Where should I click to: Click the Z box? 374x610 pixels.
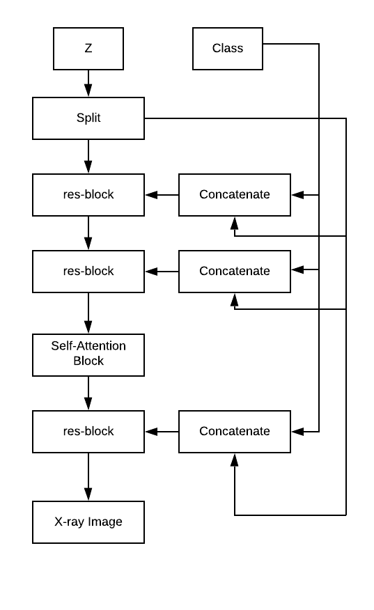(88, 49)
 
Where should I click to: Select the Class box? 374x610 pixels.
(228, 49)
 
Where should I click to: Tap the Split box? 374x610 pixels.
(88, 118)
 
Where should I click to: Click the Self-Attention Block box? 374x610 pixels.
(88, 355)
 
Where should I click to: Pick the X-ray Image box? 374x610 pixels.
(88, 522)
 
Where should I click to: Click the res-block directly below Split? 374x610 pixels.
(88, 195)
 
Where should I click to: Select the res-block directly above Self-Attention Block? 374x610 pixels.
(88, 272)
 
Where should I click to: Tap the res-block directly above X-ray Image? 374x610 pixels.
(88, 432)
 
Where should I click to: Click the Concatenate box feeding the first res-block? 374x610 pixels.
(235, 195)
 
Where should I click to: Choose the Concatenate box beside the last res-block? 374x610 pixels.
(235, 432)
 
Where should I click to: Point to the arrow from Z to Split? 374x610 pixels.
(88, 84)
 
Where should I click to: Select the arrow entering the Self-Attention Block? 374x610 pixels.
(88, 313)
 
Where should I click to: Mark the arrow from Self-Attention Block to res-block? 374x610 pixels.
(88, 393)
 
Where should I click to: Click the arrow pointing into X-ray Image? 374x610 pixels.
(88, 477)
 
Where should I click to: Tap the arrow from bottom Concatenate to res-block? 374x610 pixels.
(162, 432)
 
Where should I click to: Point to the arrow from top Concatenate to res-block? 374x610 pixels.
(162, 195)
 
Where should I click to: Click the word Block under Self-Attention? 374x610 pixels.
(88, 361)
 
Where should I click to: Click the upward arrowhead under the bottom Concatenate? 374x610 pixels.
(234, 460)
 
